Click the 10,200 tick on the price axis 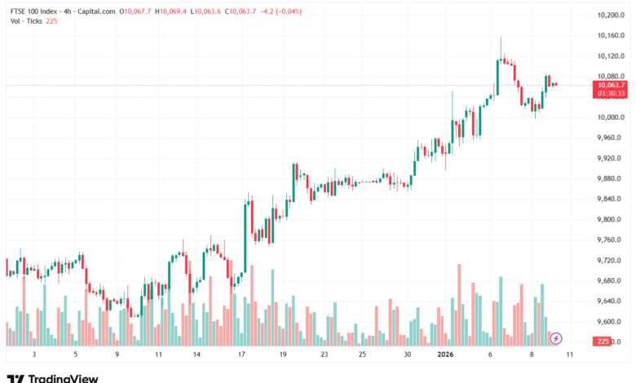[610, 15]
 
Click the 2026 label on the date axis [445, 355]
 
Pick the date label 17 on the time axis [242, 355]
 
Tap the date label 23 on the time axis [325, 355]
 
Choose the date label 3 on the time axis [33, 355]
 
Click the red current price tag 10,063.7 [611, 85]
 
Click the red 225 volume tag [604, 341]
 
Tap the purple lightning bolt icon [556, 337]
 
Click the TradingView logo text [63, 378]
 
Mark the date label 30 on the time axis [408, 355]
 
